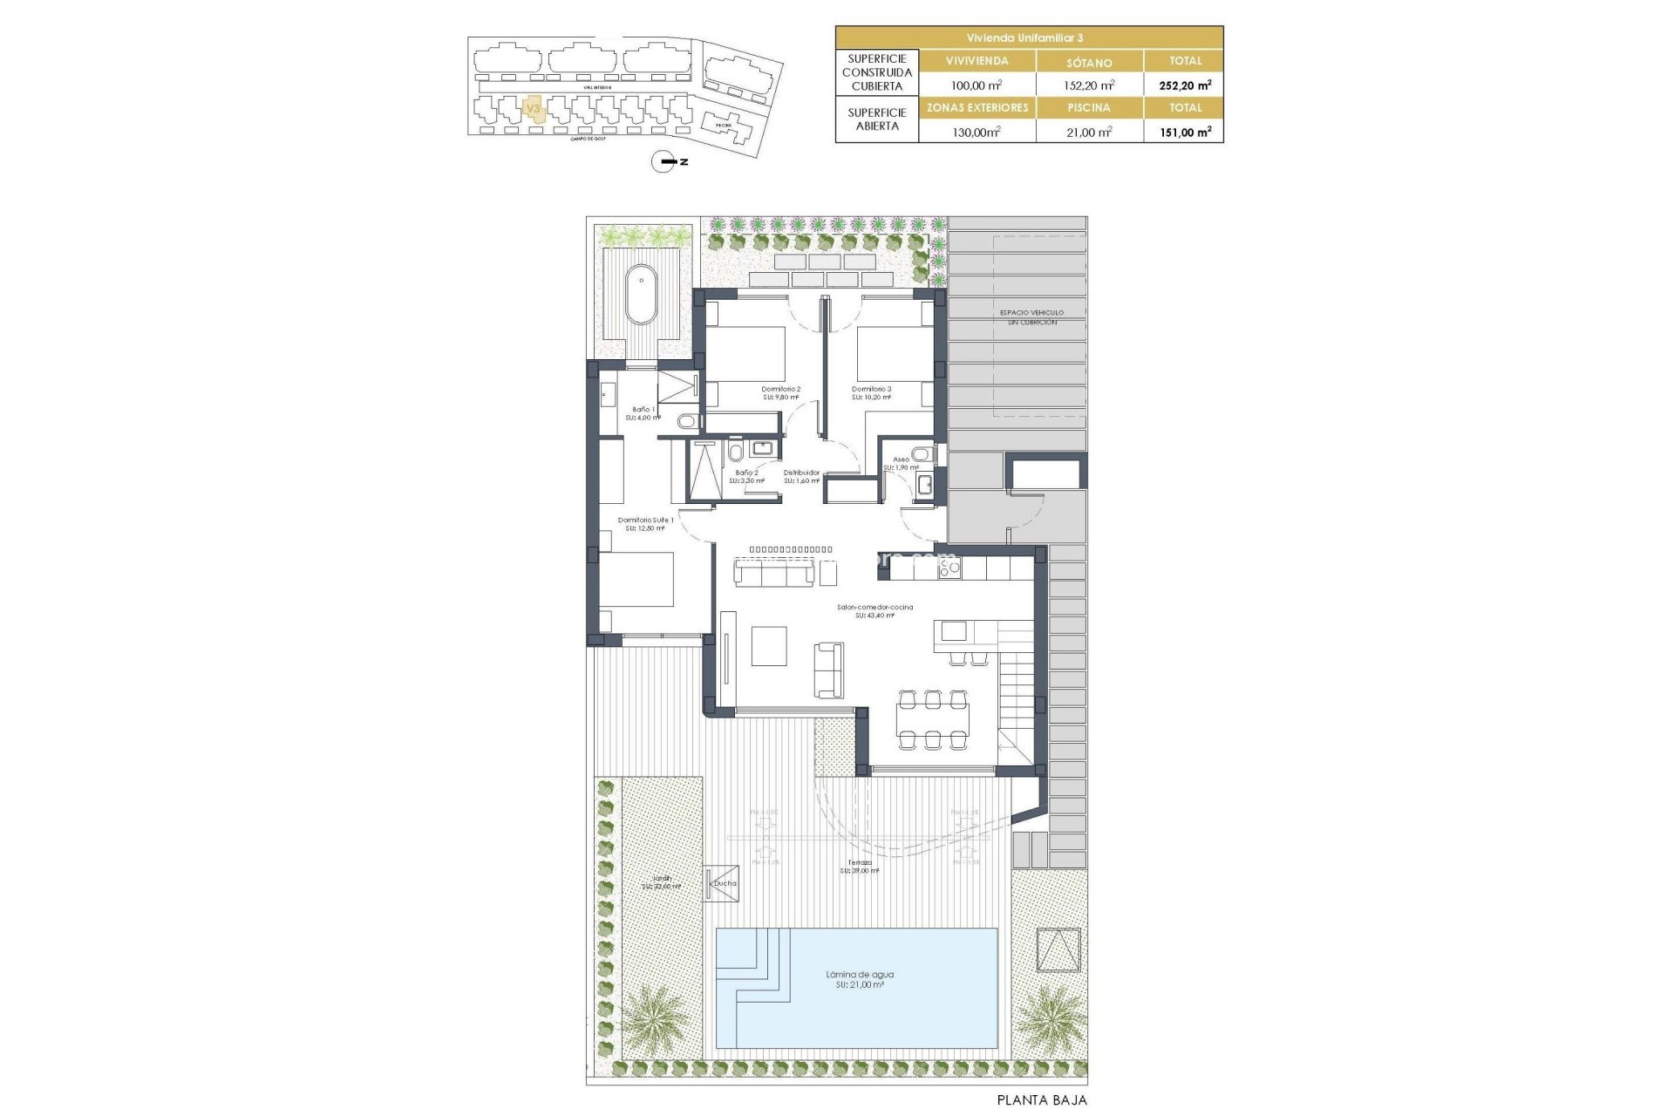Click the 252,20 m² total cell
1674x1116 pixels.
(1185, 85)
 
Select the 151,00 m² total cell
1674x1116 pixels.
(1185, 133)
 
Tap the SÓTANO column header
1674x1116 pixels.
(1089, 62)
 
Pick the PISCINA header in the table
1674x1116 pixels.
(1089, 108)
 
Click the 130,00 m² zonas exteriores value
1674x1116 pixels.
(976, 133)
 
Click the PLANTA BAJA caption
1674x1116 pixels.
(1042, 1100)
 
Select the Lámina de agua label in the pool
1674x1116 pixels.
(859, 975)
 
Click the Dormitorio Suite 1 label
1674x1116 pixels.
(645, 520)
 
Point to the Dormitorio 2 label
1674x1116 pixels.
(780, 389)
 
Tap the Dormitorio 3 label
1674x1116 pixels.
(871, 389)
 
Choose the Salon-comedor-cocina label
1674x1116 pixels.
(874, 607)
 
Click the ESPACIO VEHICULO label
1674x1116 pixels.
(1031, 312)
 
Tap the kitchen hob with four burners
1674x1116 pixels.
(949, 568)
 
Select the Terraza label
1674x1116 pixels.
(860, 862)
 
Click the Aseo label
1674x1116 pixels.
(901, 459)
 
